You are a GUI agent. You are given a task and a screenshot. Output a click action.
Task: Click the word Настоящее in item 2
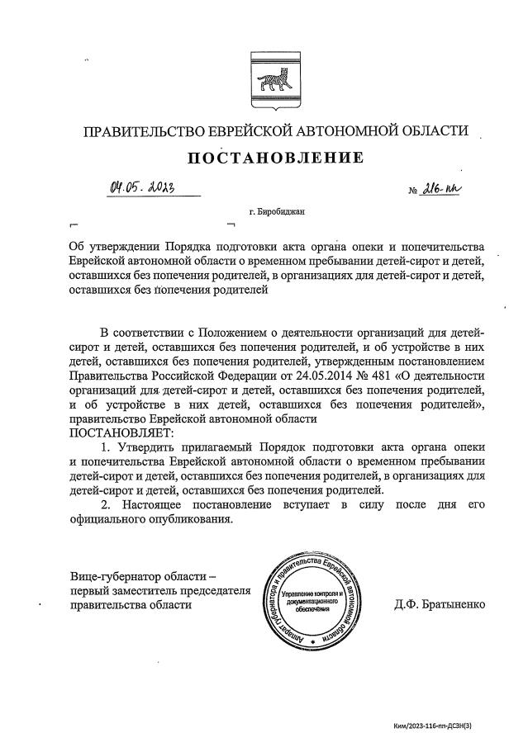click(159, 504)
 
